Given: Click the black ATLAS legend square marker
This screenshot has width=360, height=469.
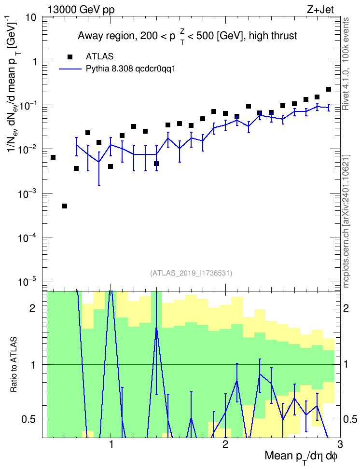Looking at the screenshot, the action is pyautogui.click(x=70, y=57).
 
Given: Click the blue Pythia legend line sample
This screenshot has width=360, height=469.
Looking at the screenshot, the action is pyautogui.click(x=70, y=69).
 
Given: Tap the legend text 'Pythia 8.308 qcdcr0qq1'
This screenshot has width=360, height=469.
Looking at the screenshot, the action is pyautogui.click(x=130, y=69).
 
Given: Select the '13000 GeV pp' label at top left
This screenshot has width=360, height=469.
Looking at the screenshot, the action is pyautogui.click(x=81, y=10).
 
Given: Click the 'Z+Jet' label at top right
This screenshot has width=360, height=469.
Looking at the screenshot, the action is pyautogui.click(x=320, y=10).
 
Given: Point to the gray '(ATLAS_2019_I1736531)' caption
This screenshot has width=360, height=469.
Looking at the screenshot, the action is pyautogui.click(x=191, y=273).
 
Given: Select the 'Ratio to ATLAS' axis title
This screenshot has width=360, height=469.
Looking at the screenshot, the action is pyautogui.click(x=14, y=365).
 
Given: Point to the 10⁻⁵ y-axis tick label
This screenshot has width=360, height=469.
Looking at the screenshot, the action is pyautogui.click(x=27, y=281).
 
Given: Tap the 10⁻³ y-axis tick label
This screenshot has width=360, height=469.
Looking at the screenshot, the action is pyautogui.click(x=27, y=194).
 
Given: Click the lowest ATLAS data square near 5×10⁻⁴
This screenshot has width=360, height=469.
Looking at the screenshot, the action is pyautogui.click(x=65, y=206).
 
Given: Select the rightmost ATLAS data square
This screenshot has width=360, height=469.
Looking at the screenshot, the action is pyautogui.click(x=329, y=89).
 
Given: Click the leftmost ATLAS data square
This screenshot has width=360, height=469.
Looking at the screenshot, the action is pyautogui.click(x=53, y=157).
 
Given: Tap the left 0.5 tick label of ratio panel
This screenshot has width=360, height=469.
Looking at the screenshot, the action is pyautogui.click(x=28, y=420).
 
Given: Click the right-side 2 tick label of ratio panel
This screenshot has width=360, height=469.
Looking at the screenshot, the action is pyautogui.click(x=346, y=308).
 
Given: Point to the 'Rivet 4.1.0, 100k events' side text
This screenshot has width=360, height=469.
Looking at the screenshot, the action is pyautogui.click(x=346, y=64).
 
